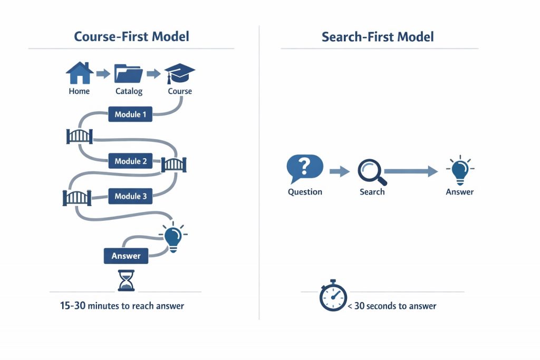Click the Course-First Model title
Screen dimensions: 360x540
point(131,36)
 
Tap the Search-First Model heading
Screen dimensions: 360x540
point(378,36)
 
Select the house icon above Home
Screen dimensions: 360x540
point(79,73)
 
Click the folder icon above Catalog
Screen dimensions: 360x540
point(129,74)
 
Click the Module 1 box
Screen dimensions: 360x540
point(128,114)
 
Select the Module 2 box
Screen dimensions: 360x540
point(130,161)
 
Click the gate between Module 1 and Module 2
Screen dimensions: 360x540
point(80,136)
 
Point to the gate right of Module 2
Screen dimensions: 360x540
point(173,164)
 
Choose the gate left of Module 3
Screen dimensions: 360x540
point(77,198)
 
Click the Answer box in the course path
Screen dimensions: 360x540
point(126,256)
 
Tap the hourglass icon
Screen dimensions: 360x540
point(126,280)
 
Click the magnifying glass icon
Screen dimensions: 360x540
point(372,172)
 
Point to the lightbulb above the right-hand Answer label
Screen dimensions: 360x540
point(459,170)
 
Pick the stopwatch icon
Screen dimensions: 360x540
point(333,296)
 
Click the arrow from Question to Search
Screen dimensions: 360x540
point(340,171)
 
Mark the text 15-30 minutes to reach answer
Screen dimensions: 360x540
point(122,306)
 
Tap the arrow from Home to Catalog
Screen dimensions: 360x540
point(103,74)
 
